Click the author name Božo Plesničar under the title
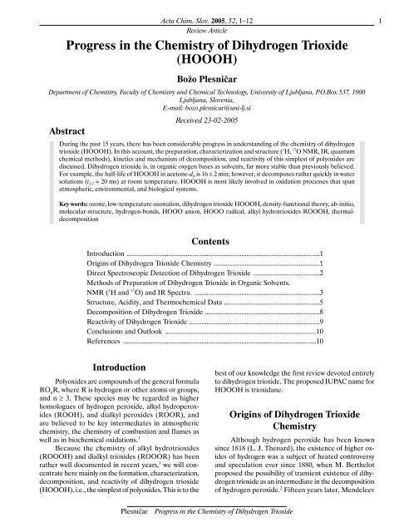point(202,77)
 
